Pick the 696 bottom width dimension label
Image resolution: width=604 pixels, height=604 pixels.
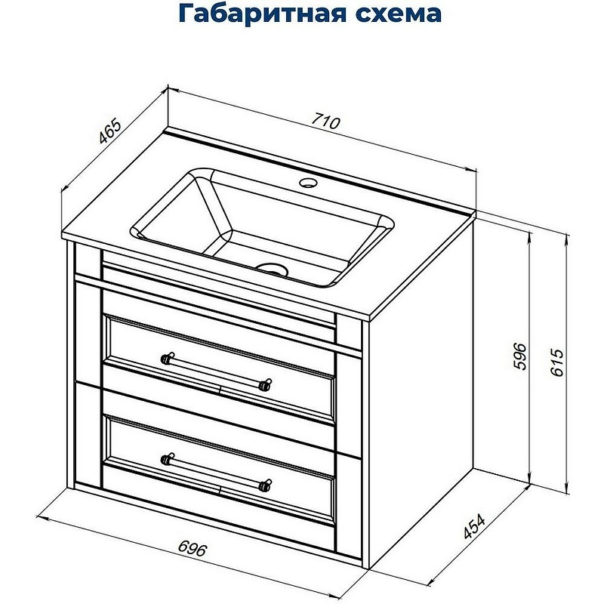[194, 548]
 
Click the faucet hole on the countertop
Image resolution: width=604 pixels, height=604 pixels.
[310, 183]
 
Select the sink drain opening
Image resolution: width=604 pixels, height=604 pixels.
[272, 267]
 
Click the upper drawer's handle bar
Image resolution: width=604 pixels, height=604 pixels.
[216, 369]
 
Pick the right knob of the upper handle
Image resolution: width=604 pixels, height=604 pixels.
[265, 384]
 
